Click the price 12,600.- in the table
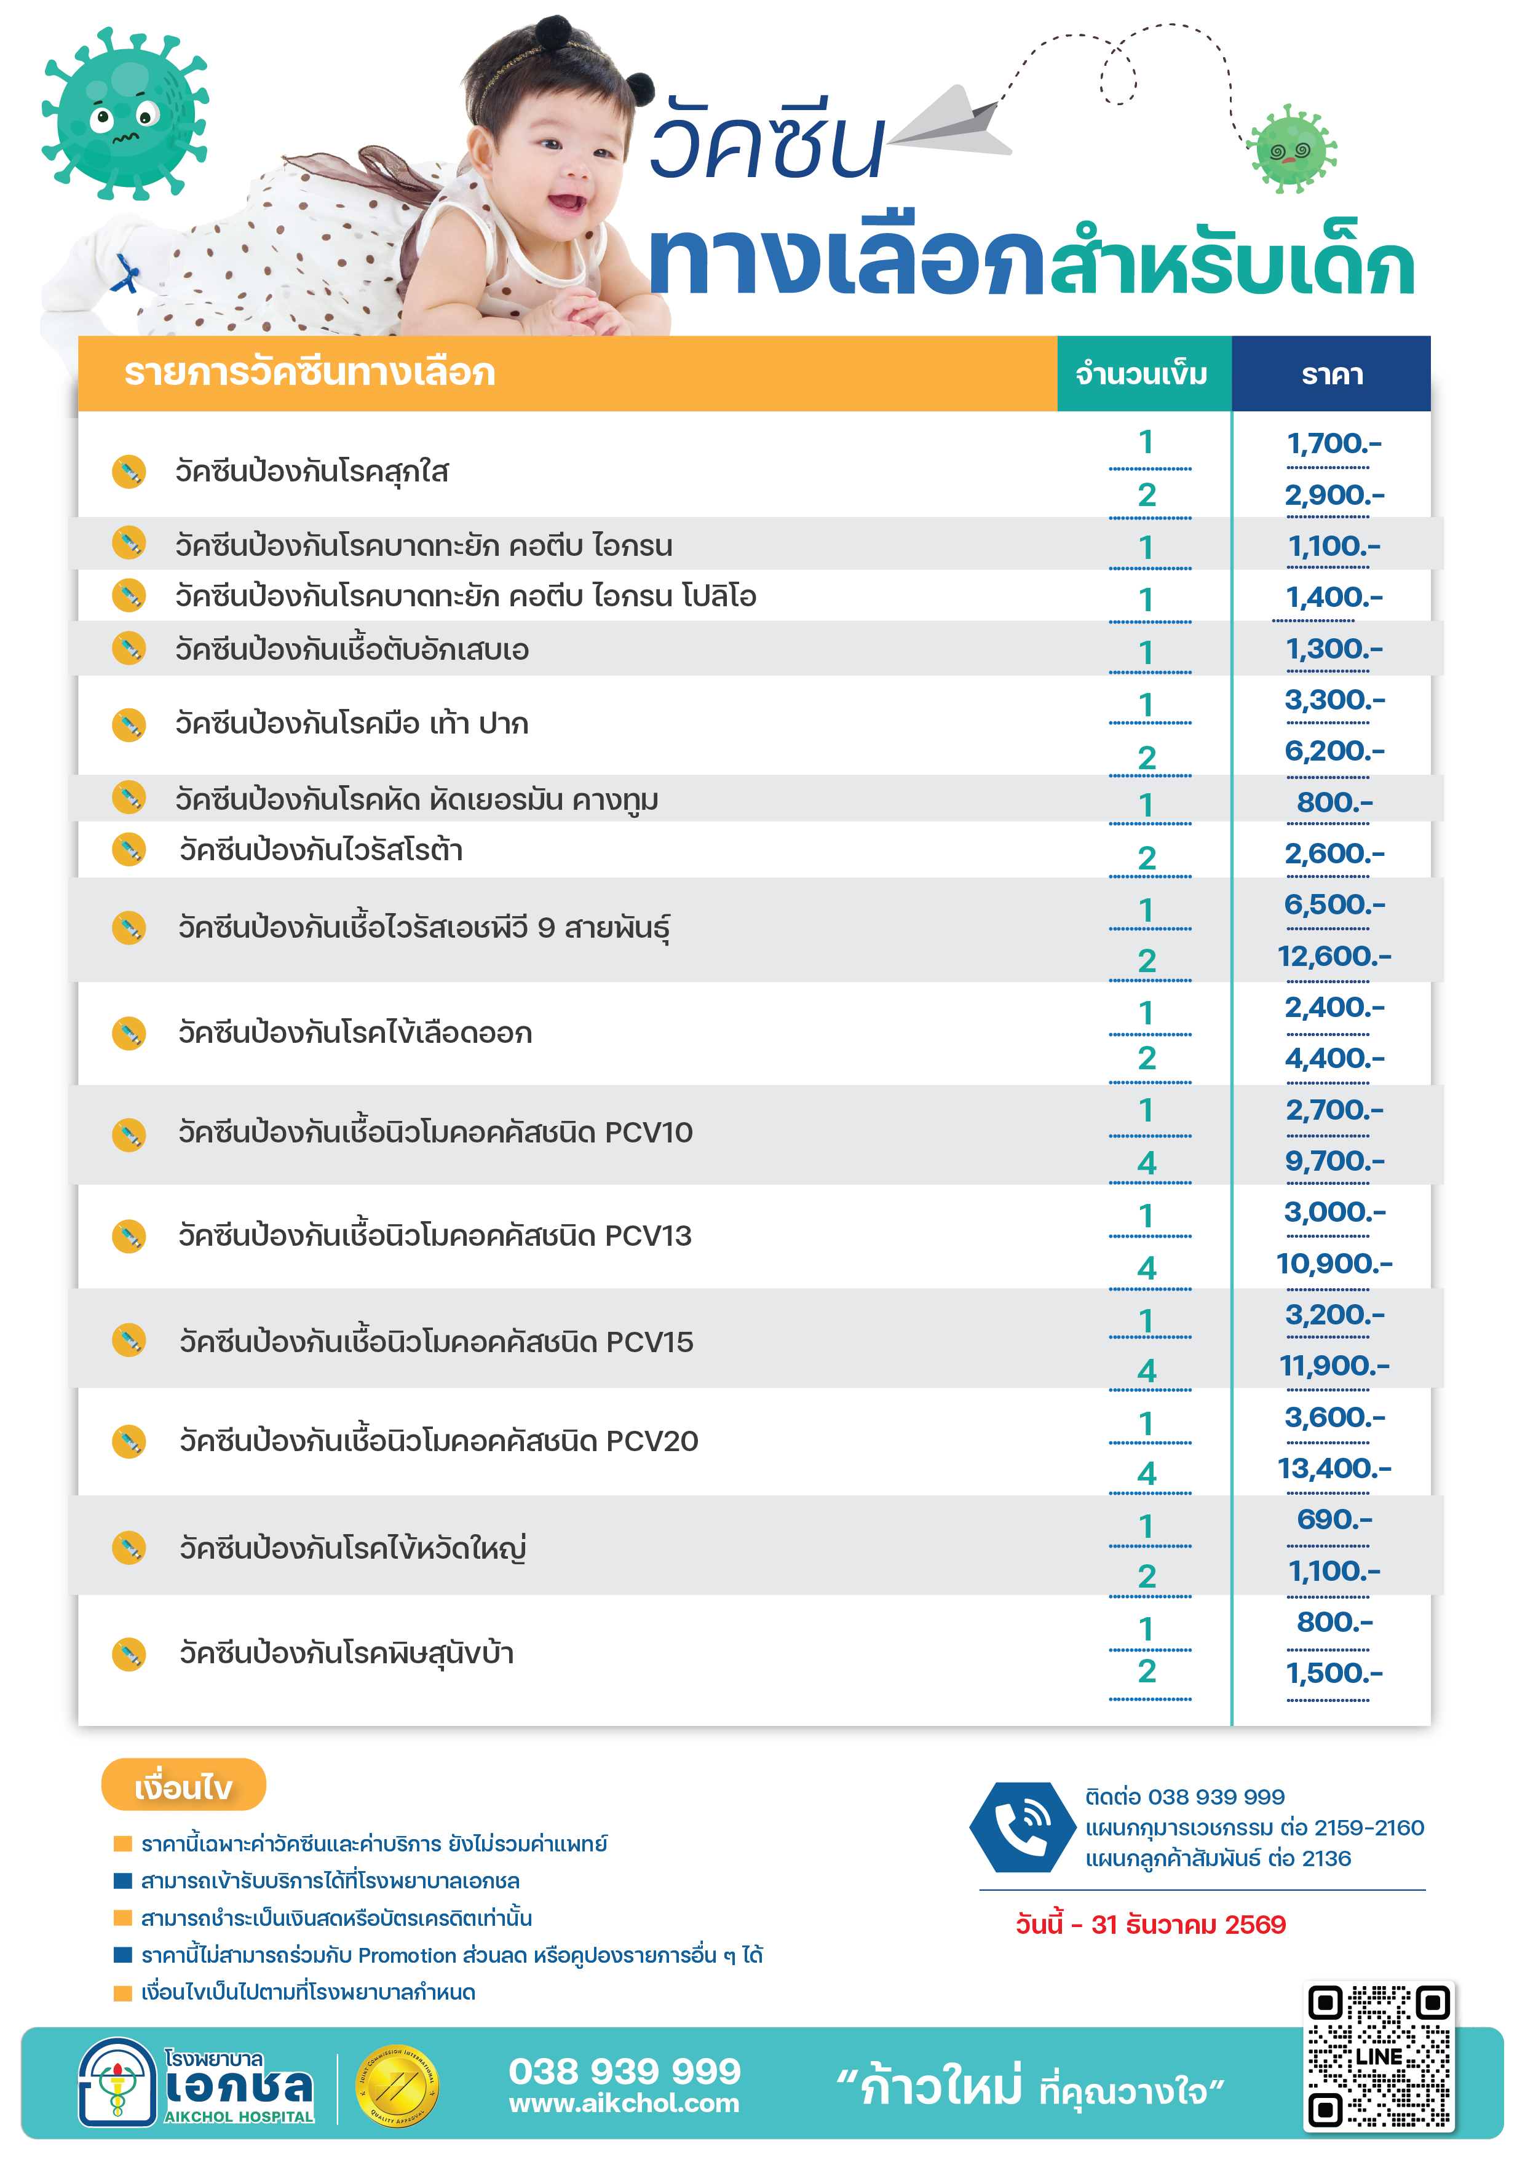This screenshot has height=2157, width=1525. tap(1333, 956)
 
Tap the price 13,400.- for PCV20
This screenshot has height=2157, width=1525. tap(1333, 1468)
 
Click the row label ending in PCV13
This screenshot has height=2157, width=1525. tap(435, 1235)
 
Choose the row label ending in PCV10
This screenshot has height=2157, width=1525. tap(435, 1132)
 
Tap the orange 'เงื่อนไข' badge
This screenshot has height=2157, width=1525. tap(183, 1786)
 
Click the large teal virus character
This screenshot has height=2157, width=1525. tap(124, 114)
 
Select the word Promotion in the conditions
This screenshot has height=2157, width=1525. tap(407, 1956)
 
